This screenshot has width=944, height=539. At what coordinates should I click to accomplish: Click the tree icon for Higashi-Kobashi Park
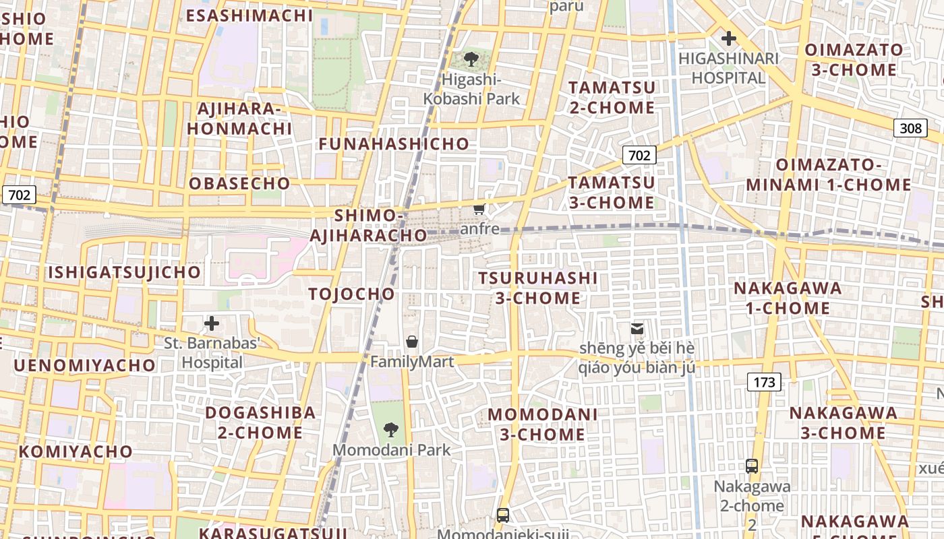472,59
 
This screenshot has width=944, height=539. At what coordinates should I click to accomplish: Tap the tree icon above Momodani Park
390,429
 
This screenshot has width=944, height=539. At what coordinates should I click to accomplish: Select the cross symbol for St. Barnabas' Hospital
212,323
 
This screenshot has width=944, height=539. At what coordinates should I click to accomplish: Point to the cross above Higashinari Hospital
728,38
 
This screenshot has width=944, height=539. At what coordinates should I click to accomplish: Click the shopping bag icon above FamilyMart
412,342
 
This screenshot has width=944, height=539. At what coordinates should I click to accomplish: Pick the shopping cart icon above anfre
479,209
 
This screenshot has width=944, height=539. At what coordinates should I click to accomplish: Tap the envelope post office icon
637,329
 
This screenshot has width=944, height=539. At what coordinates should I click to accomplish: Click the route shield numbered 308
910,128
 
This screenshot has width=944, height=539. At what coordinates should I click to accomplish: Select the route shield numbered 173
764,382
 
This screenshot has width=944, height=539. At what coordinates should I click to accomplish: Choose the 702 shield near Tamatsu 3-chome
639,156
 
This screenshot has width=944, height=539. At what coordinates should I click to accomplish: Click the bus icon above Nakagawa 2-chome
752,466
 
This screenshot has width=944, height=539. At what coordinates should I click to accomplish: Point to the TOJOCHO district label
351,294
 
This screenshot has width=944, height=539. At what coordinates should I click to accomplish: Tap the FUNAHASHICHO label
394,144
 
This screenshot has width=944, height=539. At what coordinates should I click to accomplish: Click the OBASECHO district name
239,183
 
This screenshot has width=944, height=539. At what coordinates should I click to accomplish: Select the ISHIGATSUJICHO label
124,272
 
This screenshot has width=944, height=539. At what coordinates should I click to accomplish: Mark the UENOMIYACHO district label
84,365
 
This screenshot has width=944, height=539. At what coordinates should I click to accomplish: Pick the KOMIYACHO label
76,451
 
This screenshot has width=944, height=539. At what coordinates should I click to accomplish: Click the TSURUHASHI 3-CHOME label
538,288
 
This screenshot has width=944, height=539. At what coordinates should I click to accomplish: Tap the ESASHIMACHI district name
249,15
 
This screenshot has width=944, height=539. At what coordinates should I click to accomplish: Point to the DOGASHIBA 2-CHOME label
260,422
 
